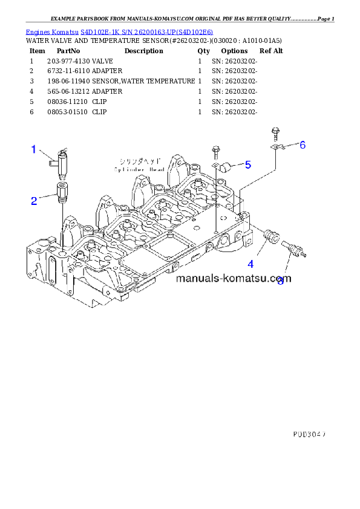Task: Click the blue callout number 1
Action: (x=34, y=148)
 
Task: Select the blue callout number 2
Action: (x=34, y=199)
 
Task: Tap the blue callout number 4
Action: (x=250, y=264)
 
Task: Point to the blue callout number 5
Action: (x=248, y=164)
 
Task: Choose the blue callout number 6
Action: (x=303, y=144)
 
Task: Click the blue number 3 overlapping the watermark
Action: (x=280, y=282)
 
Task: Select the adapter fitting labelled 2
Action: (x=62, y=192)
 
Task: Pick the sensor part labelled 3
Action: (x=292, y=248)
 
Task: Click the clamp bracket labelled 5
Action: (x=228, y=167)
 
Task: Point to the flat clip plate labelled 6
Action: (x=277, y=148)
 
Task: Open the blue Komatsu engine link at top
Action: (x=119, y=31)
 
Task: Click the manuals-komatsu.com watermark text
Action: (x=234, y=279)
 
